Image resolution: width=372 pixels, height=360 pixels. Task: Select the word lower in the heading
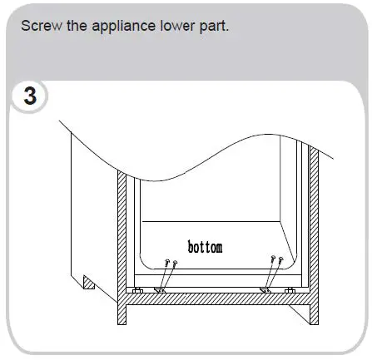[x=173, y=24]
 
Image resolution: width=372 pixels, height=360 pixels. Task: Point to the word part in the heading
[x=211, y=24]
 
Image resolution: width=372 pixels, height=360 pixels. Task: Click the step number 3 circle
[x=29, y=96]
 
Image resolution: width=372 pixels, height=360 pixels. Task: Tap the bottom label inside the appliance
[x=205, y=247]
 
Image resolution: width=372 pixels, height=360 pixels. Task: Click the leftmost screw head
[x=167, y=264]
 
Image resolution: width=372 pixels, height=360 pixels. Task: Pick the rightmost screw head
[x=280, y=263]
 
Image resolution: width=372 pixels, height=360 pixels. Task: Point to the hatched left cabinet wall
[x=122, y=233]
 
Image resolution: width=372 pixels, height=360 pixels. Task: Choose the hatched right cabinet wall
[x=314, y=233]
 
